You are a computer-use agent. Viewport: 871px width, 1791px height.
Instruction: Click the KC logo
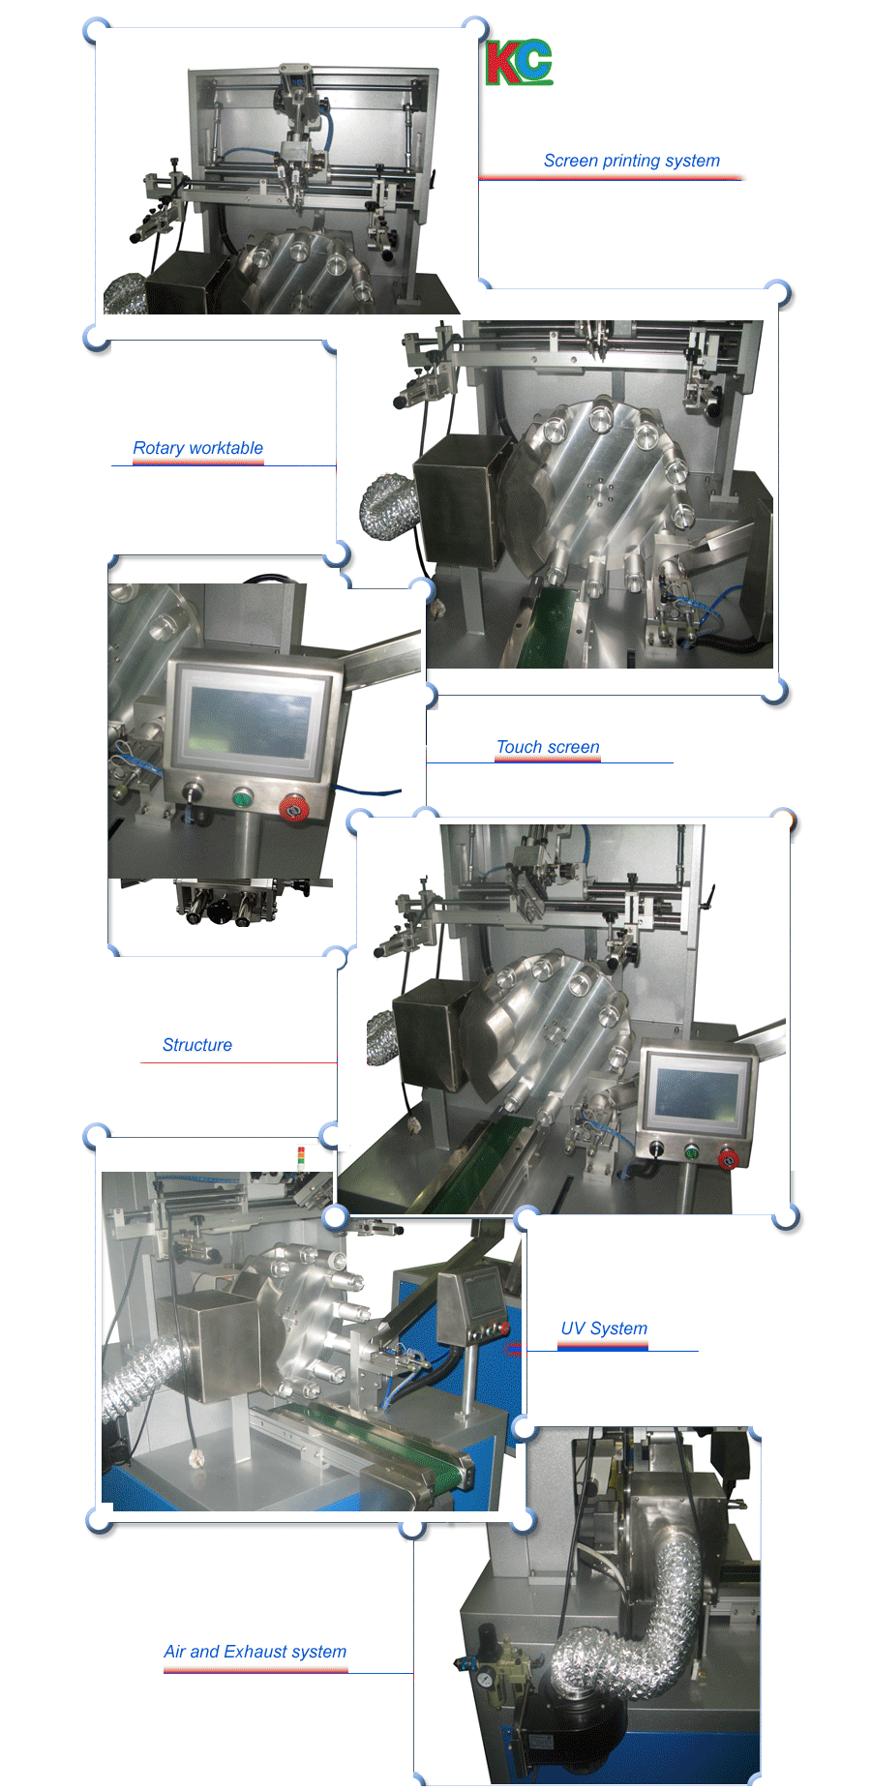(519, 63)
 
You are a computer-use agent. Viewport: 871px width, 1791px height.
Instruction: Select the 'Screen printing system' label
(631, 161)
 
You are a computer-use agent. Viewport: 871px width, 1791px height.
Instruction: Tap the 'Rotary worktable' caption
(197, 448)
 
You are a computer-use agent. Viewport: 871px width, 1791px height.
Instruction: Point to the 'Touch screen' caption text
(548, 747)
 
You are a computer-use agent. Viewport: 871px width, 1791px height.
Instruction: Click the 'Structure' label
(197, 1045)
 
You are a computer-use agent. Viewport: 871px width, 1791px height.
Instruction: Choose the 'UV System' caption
(604, 1328)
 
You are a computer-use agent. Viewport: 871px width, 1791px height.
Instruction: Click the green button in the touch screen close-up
(242, 798)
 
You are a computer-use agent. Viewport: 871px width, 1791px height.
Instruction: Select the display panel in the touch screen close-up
(250, 720)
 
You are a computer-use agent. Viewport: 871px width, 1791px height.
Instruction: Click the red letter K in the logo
(502, 63)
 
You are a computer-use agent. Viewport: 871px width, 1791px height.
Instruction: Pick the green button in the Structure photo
(691, 1151)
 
